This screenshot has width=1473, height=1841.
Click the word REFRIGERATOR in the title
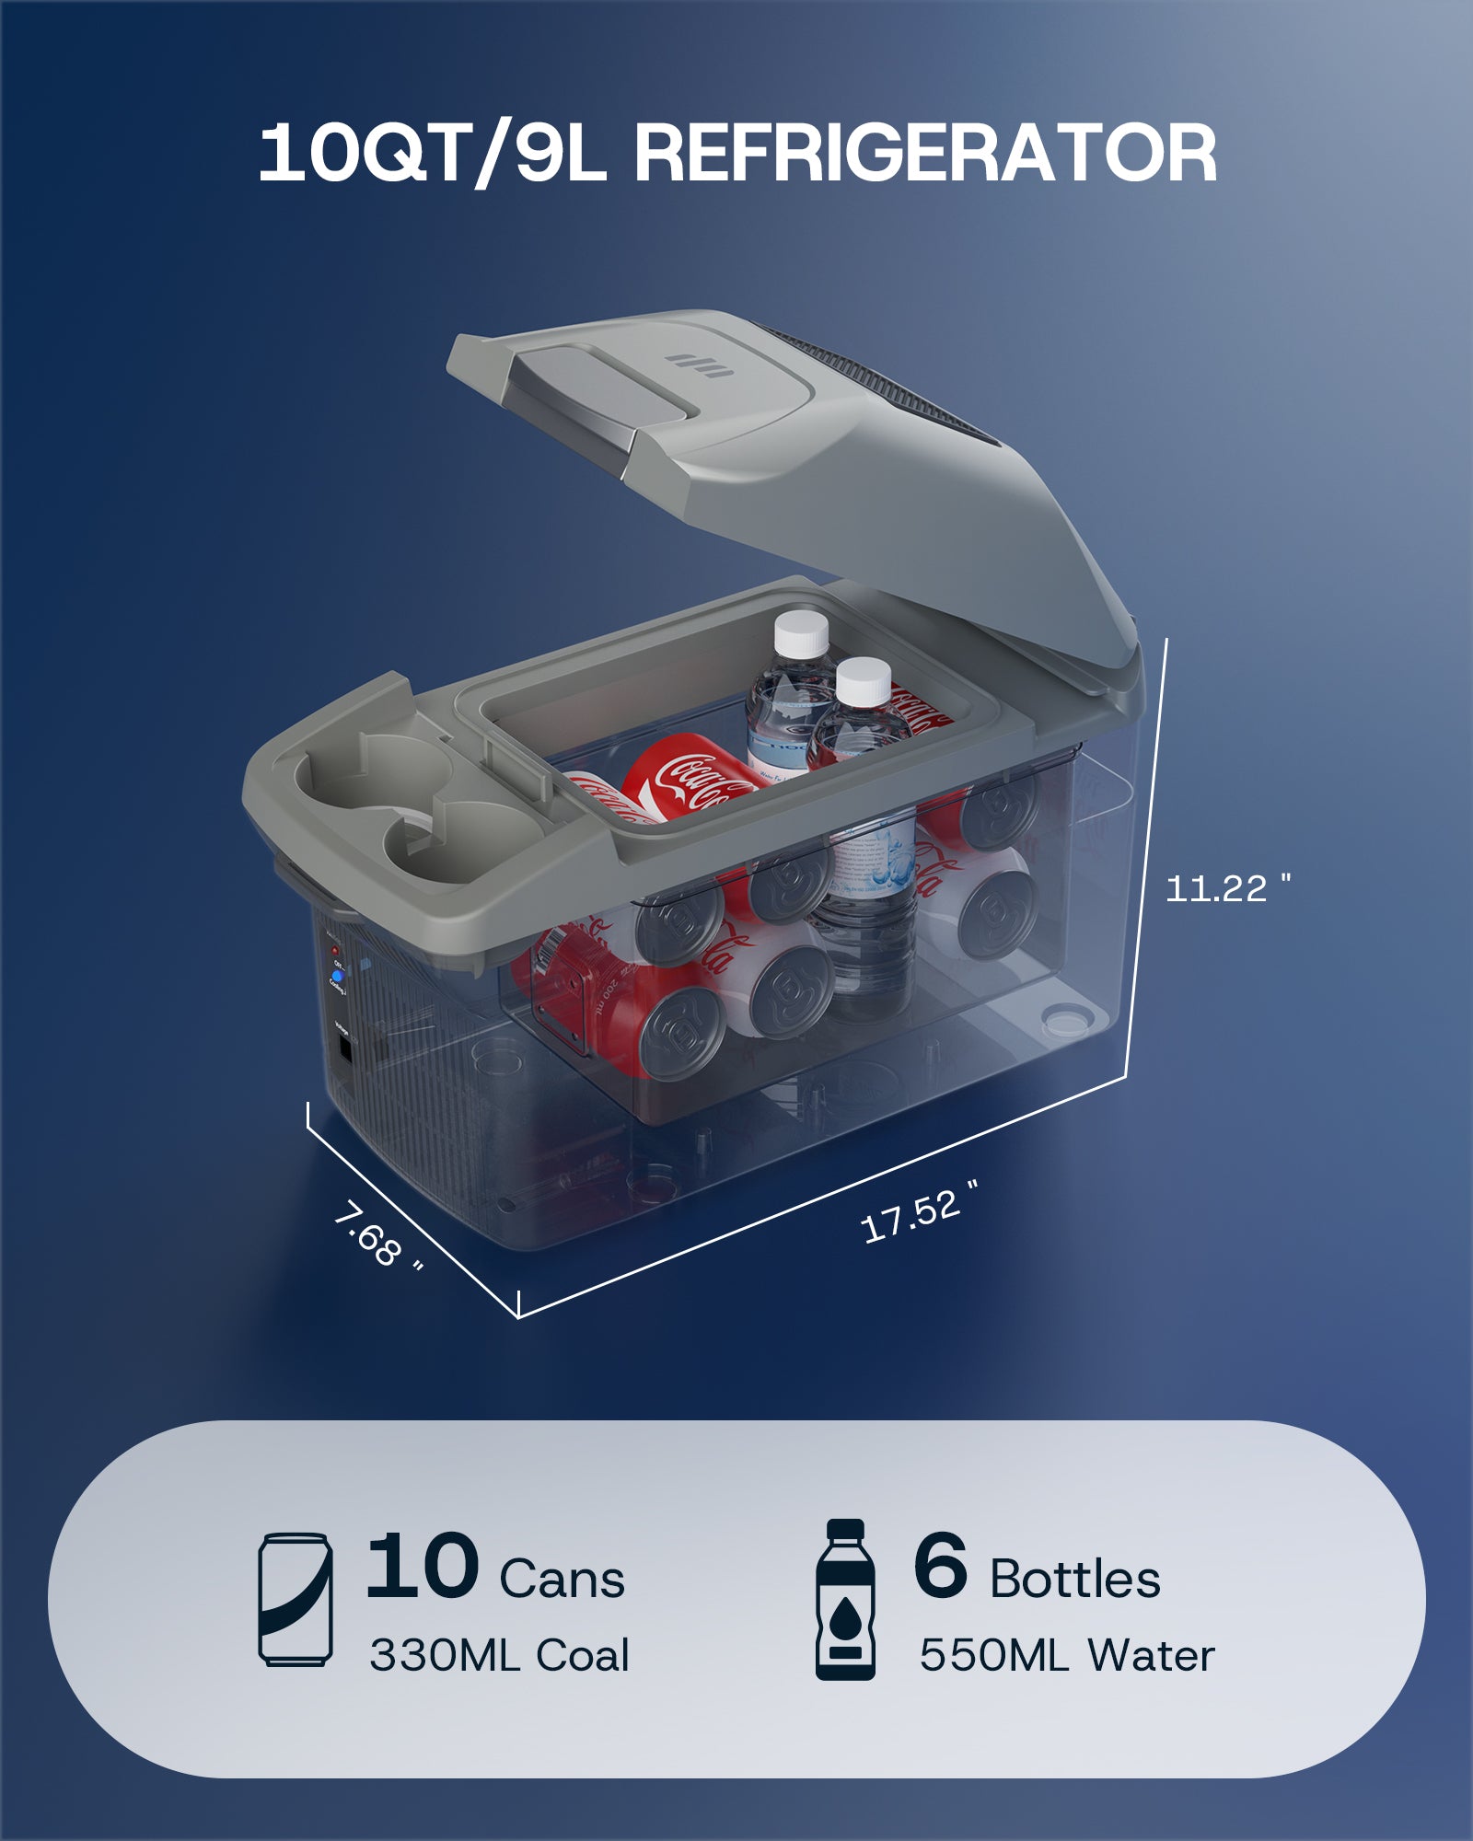(x=925, y=155)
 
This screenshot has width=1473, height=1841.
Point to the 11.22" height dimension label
(x=1227, y=888)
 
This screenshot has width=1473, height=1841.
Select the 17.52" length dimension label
(x=917, y=1214)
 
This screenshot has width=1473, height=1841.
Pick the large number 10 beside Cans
(x=422, y=1566)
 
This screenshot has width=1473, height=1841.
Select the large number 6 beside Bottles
(x=940, y=1566)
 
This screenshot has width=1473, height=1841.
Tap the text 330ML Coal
(x=499, y=1655)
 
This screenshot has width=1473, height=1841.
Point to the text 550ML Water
(x=1066, y=1655)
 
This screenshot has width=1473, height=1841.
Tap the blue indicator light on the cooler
(x=337, y=976)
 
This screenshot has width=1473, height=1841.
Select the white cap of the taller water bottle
(x=801, y=633)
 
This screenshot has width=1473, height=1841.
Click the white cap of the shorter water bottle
(x=864, y=680)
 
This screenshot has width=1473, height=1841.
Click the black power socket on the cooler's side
(x=344, y=1050)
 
